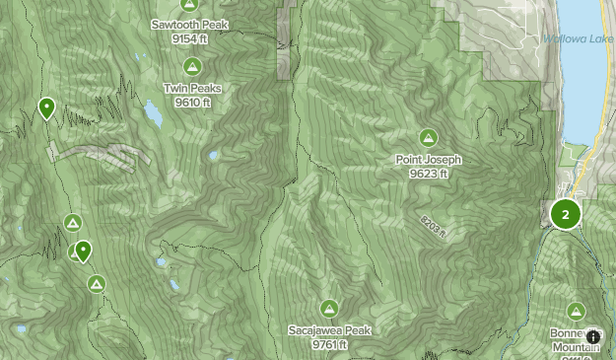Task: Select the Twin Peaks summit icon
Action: coord(192,67)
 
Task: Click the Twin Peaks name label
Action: coord(192,88)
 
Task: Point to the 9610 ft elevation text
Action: coord(192,101)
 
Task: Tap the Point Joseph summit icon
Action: coord(428,137)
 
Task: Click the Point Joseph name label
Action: coord(428,160)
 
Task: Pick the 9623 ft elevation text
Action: coord(428,174)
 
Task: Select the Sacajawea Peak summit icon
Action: coord(329,308)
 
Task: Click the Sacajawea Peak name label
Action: coord(329,330)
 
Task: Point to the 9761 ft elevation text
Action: coord(329,344)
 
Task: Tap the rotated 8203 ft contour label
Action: coord(433,226)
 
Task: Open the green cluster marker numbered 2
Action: coord(566,214)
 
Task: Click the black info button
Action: coord(593,336)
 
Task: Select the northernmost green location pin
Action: coord(46,108)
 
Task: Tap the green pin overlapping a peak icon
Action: coord(84,252)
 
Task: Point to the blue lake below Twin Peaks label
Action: coord(154,115)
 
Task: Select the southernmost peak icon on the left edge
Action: coord(96,284)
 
